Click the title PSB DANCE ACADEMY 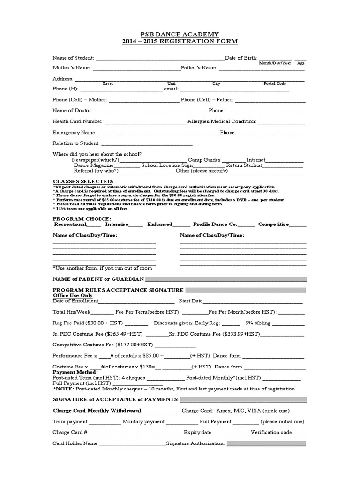180,34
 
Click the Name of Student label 73,58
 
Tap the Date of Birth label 241,58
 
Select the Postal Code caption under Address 275,83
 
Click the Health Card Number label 78,121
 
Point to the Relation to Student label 76,143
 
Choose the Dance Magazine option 93,165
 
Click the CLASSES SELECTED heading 83,181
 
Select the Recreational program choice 71,225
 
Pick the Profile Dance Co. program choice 209,225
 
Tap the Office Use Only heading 73,296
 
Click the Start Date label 190,301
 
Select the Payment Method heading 75,372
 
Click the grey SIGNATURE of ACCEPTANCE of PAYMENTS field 243,399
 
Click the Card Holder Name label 75,443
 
